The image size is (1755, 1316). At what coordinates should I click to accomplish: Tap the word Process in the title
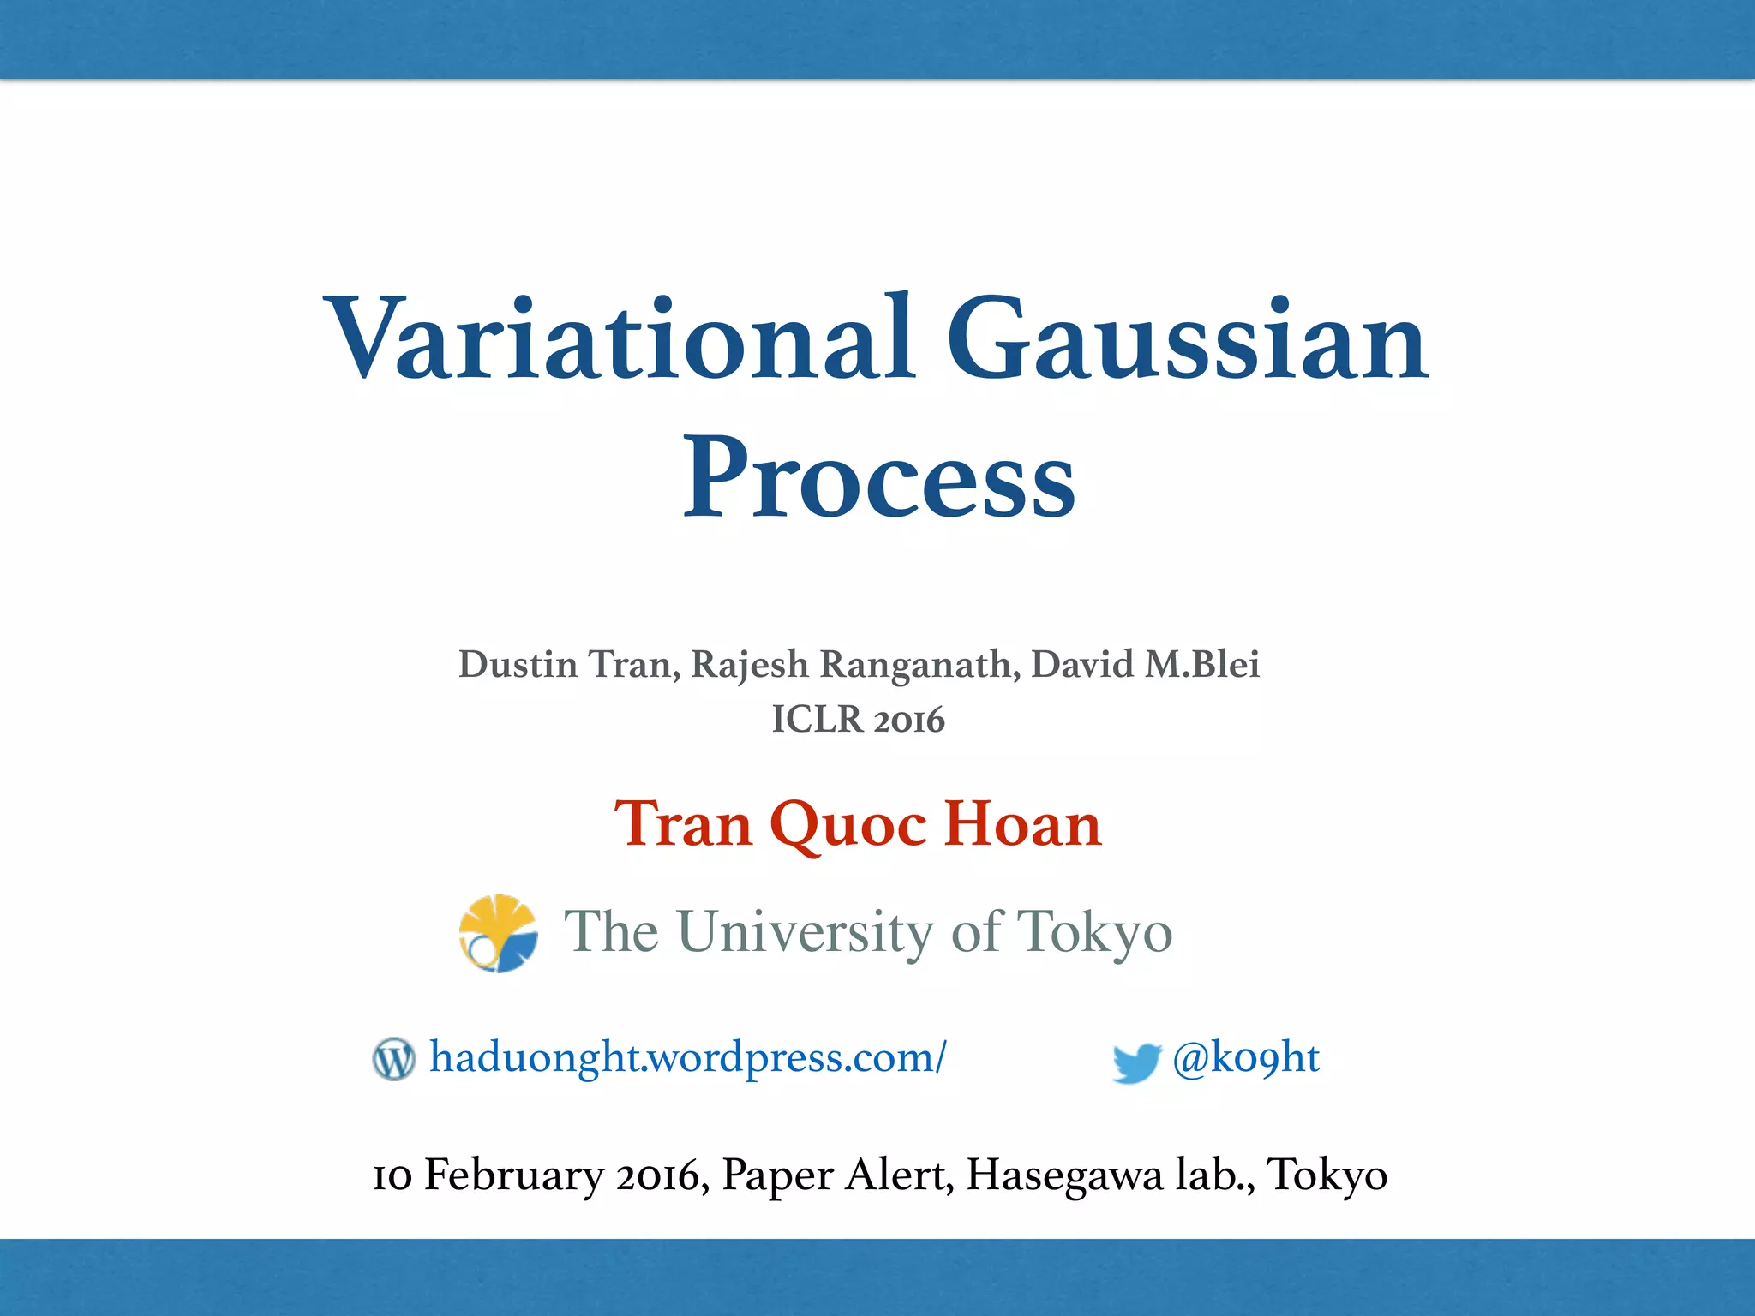click(878, 480)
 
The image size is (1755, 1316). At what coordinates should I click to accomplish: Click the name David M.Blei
click(1145, 665)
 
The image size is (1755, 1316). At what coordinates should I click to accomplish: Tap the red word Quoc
click(848, 824)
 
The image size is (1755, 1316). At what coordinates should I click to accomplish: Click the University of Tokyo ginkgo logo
click(498, 933)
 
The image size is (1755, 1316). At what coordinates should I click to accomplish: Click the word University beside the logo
click(806, 932)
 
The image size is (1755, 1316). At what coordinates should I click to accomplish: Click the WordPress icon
click(394, 1059)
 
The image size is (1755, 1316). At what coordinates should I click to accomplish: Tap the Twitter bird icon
click(1135, 1062)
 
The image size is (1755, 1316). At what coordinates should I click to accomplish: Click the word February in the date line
click(514, 1175)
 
